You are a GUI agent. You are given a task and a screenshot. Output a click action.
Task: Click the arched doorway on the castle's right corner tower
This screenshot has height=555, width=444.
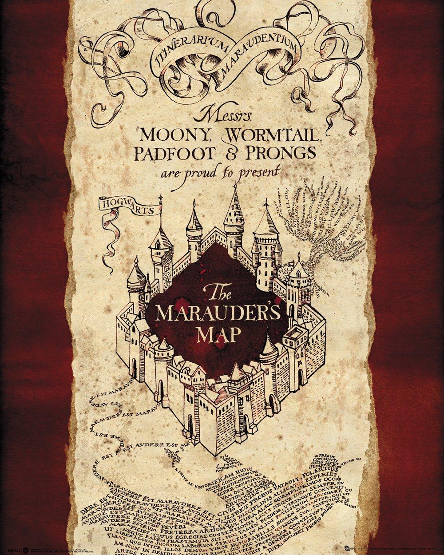301,380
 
